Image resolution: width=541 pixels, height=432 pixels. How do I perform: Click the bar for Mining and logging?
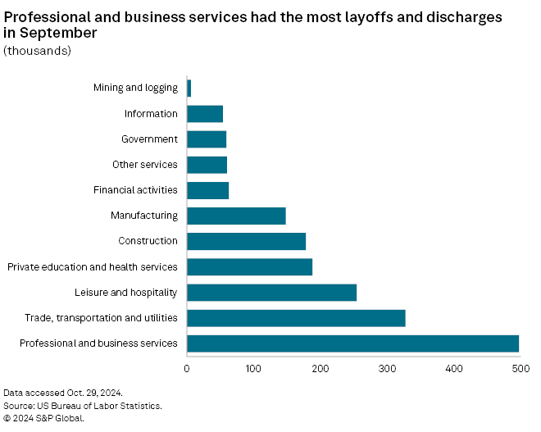(189, 89)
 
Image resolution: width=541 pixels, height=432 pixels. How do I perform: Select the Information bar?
(205, 114)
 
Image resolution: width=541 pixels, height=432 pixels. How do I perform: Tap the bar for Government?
(207, 139)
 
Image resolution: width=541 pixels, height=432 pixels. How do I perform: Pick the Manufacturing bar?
(236, 216)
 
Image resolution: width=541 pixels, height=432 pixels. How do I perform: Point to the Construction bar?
(246, 241)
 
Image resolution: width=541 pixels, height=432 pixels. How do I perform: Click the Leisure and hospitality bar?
(271, 292)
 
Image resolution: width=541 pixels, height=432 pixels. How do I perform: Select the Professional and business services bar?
(352, 343)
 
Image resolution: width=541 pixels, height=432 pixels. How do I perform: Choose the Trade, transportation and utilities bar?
(296, 317)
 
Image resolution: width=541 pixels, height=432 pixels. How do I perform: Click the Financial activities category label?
(135, 190)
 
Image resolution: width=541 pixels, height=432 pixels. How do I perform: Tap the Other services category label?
(144, 165)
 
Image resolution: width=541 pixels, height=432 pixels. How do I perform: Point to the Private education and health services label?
(92, 266)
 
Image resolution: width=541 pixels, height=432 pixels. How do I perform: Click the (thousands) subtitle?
(38, 51)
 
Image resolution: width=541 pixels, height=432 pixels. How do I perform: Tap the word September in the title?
(58, 33)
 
